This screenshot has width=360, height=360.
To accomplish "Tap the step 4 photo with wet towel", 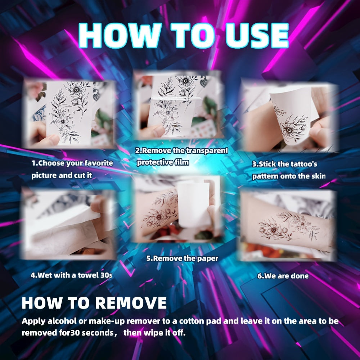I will click(68, 223).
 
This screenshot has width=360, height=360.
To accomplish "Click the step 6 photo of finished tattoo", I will click(288, 225).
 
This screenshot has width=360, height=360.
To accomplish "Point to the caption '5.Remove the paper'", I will click(182, 258).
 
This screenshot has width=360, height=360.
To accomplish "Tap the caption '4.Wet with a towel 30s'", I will click(71, 275).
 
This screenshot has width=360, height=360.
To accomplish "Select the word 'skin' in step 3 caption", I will click(318, 176).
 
